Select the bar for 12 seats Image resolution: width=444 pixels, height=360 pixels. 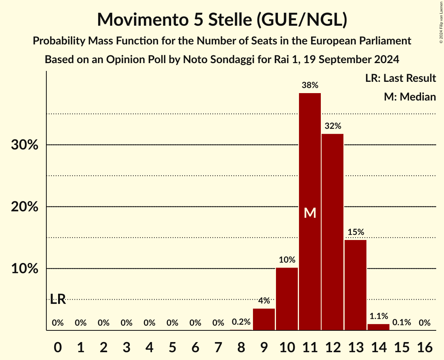point(333,232)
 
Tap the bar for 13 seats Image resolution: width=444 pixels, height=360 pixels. point(356,285)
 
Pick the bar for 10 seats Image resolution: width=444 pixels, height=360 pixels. point(287,299)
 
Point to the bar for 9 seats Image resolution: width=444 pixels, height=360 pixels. point(264,319)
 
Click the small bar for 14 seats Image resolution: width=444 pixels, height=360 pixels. point(379,327)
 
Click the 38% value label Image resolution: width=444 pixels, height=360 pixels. point(310,85)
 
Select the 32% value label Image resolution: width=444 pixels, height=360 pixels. point(333,126)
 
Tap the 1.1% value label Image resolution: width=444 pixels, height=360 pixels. point(379,316)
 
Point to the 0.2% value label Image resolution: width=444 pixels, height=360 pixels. point(241,323)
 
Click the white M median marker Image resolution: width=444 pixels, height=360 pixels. point(310,213)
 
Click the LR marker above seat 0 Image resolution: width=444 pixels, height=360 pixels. point(58,300)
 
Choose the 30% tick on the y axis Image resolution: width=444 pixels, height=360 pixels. point(24,145)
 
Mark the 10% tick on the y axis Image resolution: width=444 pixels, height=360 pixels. point(24,269)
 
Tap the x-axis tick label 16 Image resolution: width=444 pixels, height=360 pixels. point(425,346)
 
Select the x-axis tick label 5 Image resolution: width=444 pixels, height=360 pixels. point(172,346)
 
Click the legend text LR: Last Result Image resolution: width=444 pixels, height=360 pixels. point(401,78)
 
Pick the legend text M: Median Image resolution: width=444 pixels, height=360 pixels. point(410,97)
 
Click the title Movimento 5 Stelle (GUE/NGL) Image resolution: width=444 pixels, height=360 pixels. point(222,19)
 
